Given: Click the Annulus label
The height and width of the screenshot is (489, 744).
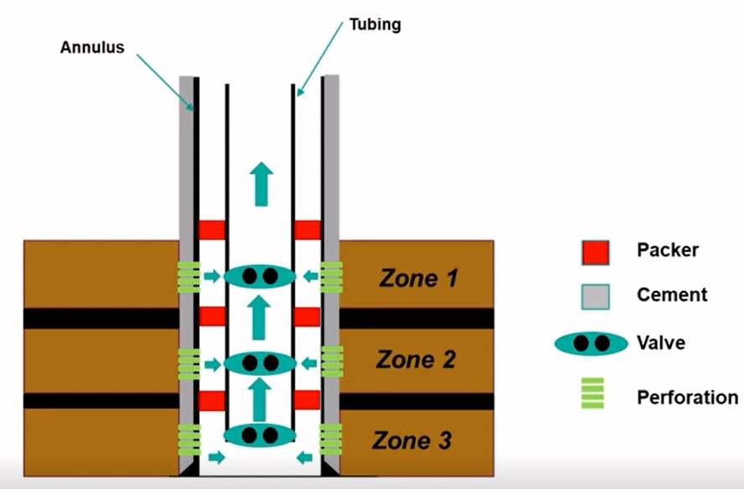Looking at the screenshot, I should tap(92, 47).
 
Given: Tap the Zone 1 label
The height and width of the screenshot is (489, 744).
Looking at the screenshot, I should tap(419, 278).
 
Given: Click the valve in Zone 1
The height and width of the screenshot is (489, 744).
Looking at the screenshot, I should tap(259, 276).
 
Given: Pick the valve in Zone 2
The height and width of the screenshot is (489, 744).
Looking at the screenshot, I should tap(259, 363).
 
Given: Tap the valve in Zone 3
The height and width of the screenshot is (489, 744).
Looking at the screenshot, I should tap(259, 435).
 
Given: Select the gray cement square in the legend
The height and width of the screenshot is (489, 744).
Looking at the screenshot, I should tap(596, 295).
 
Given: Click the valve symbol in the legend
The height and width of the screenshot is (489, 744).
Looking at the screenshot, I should tap(591, 343).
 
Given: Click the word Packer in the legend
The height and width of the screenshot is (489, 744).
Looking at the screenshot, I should tap(668, 250).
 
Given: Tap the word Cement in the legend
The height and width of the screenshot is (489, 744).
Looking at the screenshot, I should tap(672, 295).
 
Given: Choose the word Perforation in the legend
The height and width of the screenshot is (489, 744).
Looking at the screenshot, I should tap(688, 397).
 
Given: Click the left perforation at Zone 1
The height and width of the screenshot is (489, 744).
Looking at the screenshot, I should tap(189, 277).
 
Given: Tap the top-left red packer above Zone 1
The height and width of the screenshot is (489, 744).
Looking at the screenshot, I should tap(212, 230).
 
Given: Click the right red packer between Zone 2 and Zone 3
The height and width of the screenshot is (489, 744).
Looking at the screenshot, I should tap(308, 399).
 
